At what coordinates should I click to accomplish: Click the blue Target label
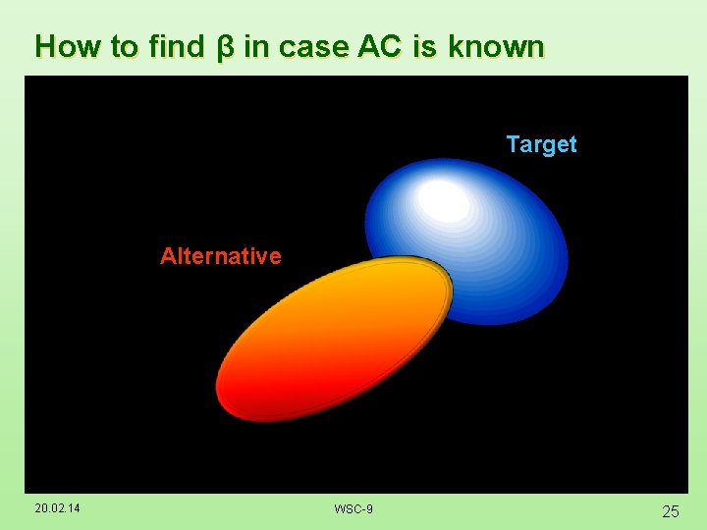[x=541, y=144]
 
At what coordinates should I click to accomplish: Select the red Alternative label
[x=220, y=256]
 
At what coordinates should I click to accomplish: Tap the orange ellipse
[x=334, y=339]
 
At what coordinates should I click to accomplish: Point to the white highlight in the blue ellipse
[x=444, y=200]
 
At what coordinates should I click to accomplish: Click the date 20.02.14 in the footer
[x=57, y=508]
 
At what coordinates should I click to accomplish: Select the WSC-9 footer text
[x=353, y=508]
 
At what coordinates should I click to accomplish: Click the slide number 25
[x=671, y=510]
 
